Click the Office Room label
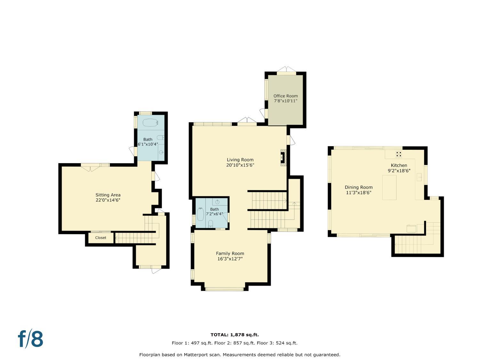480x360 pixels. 285,96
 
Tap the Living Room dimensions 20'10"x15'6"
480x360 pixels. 240,165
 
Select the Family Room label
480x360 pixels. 230,253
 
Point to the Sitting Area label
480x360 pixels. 108,195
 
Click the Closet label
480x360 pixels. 100,237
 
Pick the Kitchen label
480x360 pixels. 399,165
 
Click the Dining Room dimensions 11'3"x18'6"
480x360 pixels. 359,193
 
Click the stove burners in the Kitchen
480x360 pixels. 399,154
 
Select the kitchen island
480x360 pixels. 389,187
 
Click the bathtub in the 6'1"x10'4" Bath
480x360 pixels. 150,123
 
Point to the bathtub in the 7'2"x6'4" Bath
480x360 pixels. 201,214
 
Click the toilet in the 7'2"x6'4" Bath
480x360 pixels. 211,224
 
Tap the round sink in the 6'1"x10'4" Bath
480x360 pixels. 161,152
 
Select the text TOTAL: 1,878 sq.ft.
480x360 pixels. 235,335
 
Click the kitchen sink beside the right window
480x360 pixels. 419,177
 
